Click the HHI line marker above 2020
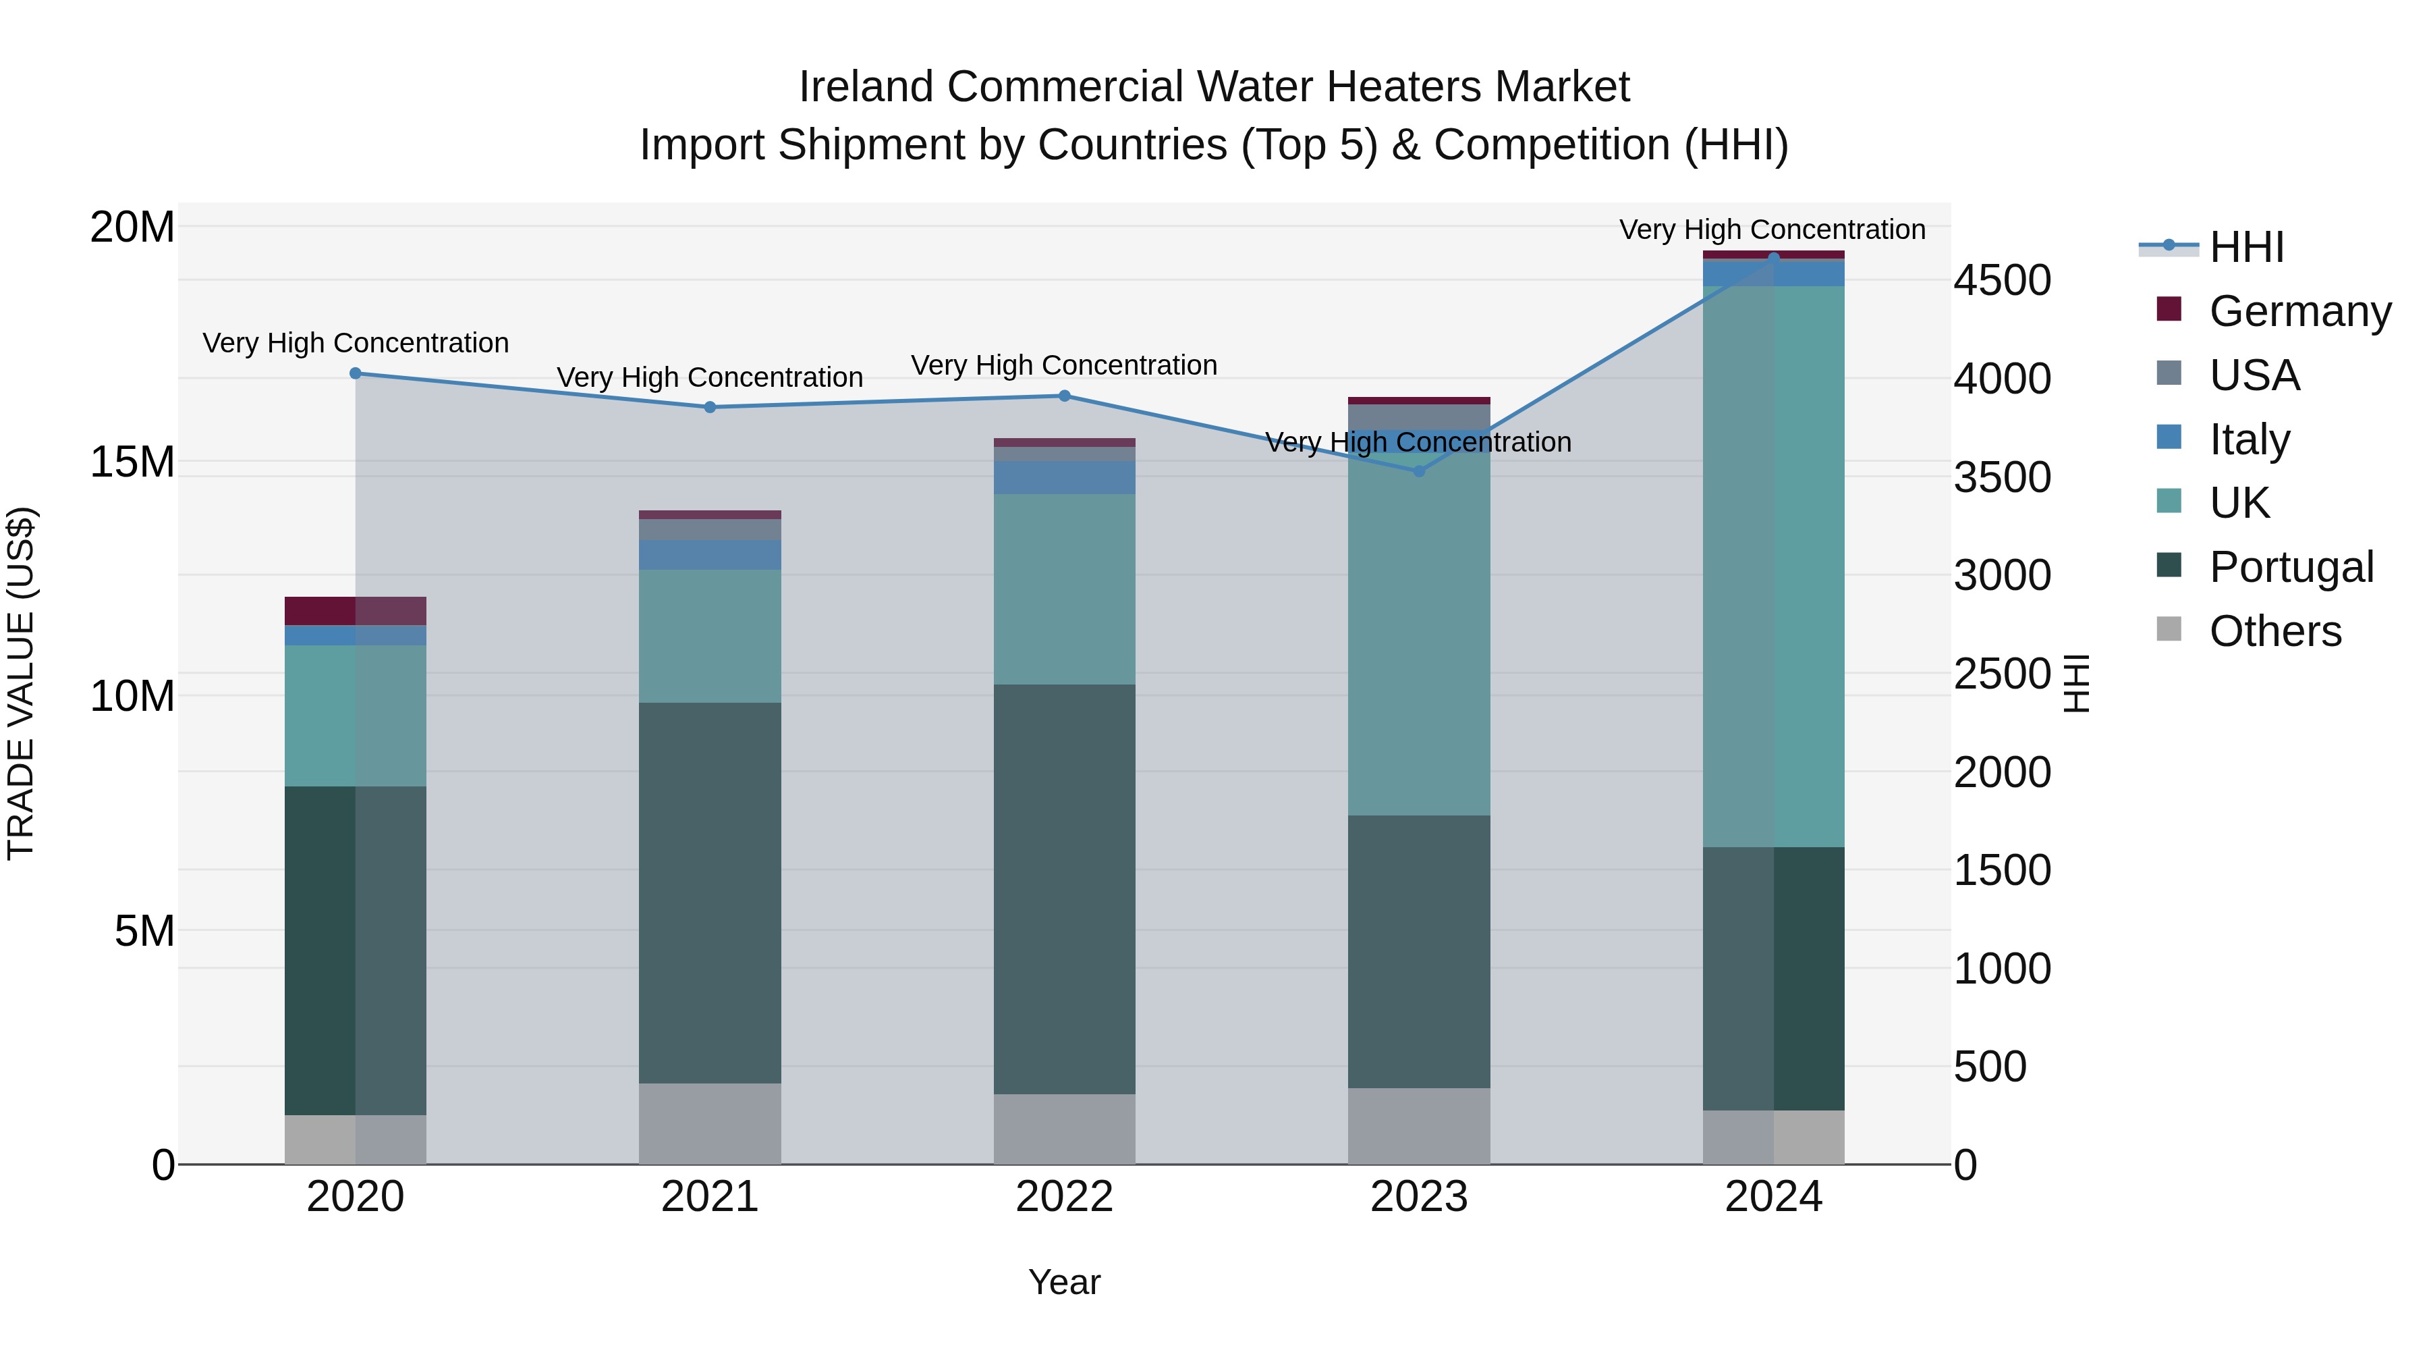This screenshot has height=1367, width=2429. (356, 373)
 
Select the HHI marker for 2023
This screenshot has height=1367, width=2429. (1419, 471)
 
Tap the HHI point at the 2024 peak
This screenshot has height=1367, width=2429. (1774, 258)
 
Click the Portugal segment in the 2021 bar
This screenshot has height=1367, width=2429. (710, 892)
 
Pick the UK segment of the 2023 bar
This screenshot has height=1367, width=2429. (1419, 634)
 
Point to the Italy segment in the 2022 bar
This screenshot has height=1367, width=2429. (1065, 477)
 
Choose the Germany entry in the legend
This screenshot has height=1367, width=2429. (2299, 311)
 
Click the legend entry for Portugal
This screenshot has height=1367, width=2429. (2291, 567)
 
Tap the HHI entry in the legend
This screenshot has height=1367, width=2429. (2246, 247)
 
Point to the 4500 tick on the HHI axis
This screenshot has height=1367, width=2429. (2001, 280)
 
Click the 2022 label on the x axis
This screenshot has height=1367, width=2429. (1065, 1196)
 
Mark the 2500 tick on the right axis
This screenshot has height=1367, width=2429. (2001, 674)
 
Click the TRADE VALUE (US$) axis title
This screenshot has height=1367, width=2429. (21, 683)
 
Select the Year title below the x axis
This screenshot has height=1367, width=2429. (1065, 1282)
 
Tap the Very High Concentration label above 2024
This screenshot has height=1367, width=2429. (1772, 230)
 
